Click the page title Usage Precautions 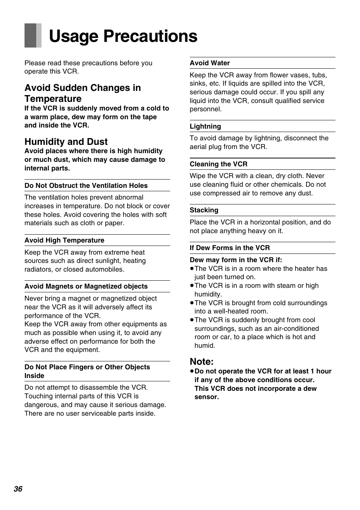click(x=123, y=36)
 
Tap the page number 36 click(x=18, y=489)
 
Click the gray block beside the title click(x=33, y=35)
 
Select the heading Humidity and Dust click(x=66, y=141)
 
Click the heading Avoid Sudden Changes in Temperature click(x=83, y=93)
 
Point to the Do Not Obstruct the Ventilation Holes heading click(x=86, y=186)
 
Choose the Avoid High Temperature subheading click(x=65, y=240)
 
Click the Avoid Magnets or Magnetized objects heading click(x=86, y=286)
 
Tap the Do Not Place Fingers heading click(x=87, y=371)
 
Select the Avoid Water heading click(x=210, y=63)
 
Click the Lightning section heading click(x=205, y=126)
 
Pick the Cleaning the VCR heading click(x=218, y=164)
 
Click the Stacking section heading click(x=204, y=210)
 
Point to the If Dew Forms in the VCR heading click(x=230, y=248)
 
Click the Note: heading click(x=202, y=361)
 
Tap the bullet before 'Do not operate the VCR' click(x=192, y=371)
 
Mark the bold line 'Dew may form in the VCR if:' click(x=236, y=260)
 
